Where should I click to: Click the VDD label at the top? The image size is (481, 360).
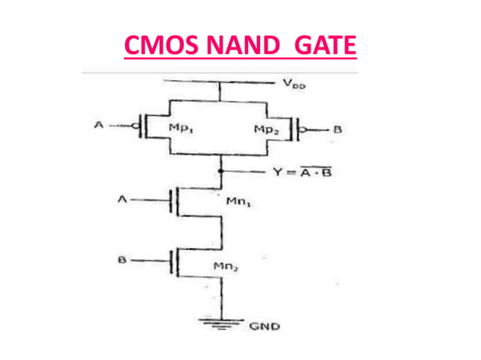coord(295,85)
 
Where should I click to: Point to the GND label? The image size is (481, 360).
coord(264,327)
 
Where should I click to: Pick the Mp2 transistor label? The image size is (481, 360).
coord(266,129)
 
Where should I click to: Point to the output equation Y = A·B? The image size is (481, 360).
coord(302,172)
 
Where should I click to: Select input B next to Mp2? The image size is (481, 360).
coord(337,130)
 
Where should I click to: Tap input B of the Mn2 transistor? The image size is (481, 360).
coord(121,261)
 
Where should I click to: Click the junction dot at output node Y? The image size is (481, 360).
coord(219,172)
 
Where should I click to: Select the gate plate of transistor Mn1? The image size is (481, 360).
coord(171,200)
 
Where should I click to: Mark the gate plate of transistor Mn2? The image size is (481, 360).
coord(171,261)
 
